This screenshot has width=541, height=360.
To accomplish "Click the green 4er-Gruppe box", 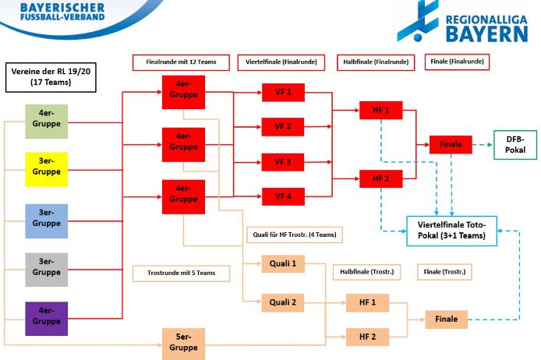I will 46,121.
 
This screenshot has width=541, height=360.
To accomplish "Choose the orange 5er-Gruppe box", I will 183,343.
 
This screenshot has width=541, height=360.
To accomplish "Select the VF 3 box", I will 282,162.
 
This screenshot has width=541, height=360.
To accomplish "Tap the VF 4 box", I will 282,196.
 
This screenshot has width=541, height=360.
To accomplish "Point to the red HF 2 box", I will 380,178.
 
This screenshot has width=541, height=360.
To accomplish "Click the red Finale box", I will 451,144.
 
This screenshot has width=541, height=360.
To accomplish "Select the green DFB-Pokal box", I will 515,144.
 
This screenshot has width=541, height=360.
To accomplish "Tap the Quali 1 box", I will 282,264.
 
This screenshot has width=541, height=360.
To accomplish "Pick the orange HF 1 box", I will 367,302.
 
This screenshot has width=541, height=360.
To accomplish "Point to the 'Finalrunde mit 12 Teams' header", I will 180,62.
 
